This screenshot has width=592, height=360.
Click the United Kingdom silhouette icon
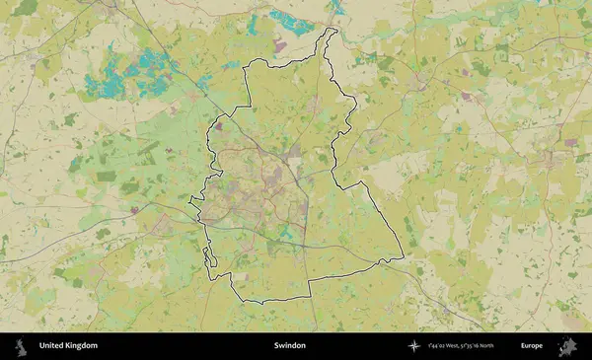pos(20,346)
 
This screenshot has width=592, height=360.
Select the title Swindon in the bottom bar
pos(290,346)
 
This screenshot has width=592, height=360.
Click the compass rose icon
pos(414,346)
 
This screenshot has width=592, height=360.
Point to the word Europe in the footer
pos(533,346)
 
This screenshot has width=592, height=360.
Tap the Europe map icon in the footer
pos(567,346)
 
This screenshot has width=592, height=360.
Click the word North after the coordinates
pos(514,346)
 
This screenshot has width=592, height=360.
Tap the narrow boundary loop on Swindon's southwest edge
pos(207,258)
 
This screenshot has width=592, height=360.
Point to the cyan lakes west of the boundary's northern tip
pos(286,20)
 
